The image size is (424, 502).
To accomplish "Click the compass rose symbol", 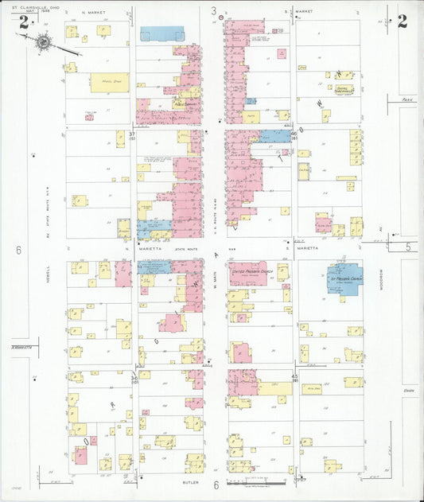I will [43, 42].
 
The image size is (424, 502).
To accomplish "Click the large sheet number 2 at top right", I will [403, 21].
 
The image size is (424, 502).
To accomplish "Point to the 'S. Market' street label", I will [303, 13].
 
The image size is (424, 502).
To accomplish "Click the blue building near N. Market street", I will [162, 33].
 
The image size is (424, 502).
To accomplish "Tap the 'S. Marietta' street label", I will [307, 248].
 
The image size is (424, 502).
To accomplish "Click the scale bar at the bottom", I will [256, 482].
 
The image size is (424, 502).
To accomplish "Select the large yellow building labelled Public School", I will [109, 83].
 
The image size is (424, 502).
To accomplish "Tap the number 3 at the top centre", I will [213, 11].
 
